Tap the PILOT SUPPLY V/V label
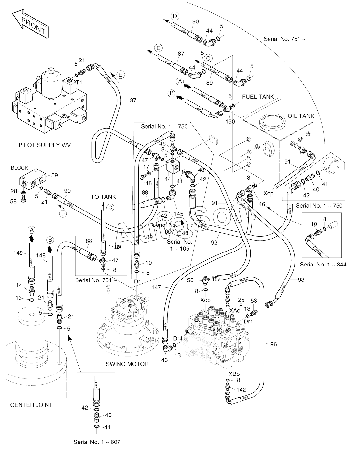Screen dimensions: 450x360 pyautogui.click(x=45, y=145)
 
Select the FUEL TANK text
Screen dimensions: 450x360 pyautogui.click(x=258, y=97)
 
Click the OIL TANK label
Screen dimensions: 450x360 pyautogui.click(x=301, y=116)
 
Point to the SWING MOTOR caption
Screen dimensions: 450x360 pyautogui.click(x=127, y=364)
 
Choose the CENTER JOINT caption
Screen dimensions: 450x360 pyautogui.click(x=31, y=405)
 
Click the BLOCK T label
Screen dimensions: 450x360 pyautogui.click(x=22, y=168)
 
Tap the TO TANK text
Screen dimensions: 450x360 pyautogui.click(x=103, y=197)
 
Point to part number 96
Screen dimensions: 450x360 pyautogui.click(x=273, y=344)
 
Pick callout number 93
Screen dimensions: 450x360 pyautogui.click(x=301, y=280)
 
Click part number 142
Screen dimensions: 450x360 pyautogui.click(x=241, y=390)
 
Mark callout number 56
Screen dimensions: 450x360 pyautogui.click(x=190, y=280)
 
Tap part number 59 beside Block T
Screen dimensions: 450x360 pyautogui.click(x=54, y=175)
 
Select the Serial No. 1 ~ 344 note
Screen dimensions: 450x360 pyautogui.click(x=323, y=265)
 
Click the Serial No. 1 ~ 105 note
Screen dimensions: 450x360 pyautogui.click(x=179, y=245)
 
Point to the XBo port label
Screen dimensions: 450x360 pyautogui.click(x=234, y=374)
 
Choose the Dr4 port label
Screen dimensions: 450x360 pyautogui.click(x=178, y=339)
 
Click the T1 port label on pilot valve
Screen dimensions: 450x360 pyautogui.click(x=79, y=83)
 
